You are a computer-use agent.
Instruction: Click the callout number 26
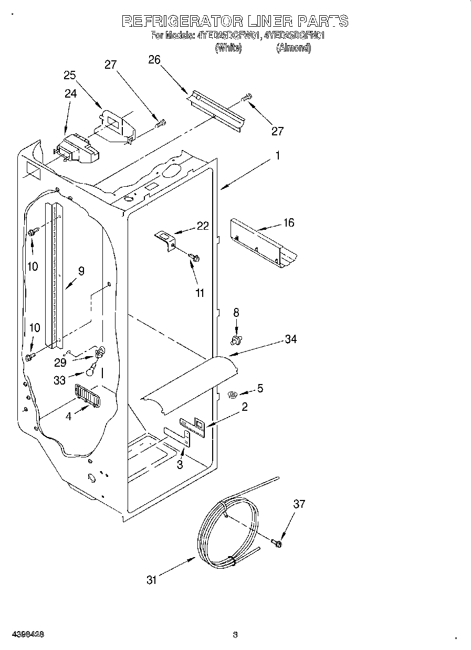pyautogui.click(x=154, y=60)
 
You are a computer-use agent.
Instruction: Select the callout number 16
pyautogui.click(x=288, y=222)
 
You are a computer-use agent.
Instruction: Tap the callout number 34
pyautogui.click(x=290, y=339)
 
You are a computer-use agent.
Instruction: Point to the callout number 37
pyautogui.click(x=299, y=504)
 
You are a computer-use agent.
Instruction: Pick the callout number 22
pyautogui.click(x=203, y=226)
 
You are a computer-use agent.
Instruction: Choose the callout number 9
pyautogui.click(x=81, y=271)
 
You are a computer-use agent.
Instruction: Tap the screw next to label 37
pyautogui.click(x=277, y=544)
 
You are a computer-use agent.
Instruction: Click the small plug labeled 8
pyautogui.click(x=236, y=340)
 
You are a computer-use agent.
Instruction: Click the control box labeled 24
pyautogui.click(x=76, y=148)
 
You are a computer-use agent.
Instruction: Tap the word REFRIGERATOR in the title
pyautogui.click(x=182, y=22)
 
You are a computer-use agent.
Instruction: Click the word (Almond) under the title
pyautogui.click(x=294, y=48)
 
